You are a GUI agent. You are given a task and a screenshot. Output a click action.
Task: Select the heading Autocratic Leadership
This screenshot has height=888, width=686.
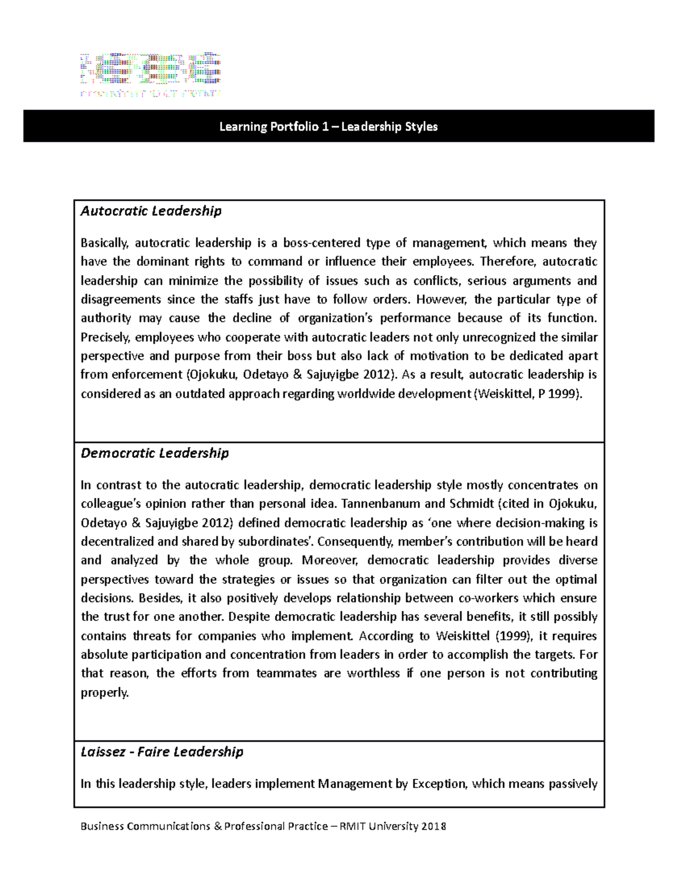pos(151,211)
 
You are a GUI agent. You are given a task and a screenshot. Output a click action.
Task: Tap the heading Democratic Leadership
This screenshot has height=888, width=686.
pos(154,453)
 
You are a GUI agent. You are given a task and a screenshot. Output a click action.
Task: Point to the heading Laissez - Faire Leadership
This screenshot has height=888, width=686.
pos(162,751)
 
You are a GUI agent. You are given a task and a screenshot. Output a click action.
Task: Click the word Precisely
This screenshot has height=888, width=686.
pos(106,337)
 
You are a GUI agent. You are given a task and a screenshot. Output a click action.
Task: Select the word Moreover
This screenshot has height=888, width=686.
pos(330,560)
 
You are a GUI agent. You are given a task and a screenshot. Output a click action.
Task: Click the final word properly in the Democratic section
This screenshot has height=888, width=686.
pos(105,692)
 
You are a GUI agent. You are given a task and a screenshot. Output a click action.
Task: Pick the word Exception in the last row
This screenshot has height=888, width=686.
pos(438,784)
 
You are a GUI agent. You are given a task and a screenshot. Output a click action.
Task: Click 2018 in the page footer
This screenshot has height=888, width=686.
pos(433,826)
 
